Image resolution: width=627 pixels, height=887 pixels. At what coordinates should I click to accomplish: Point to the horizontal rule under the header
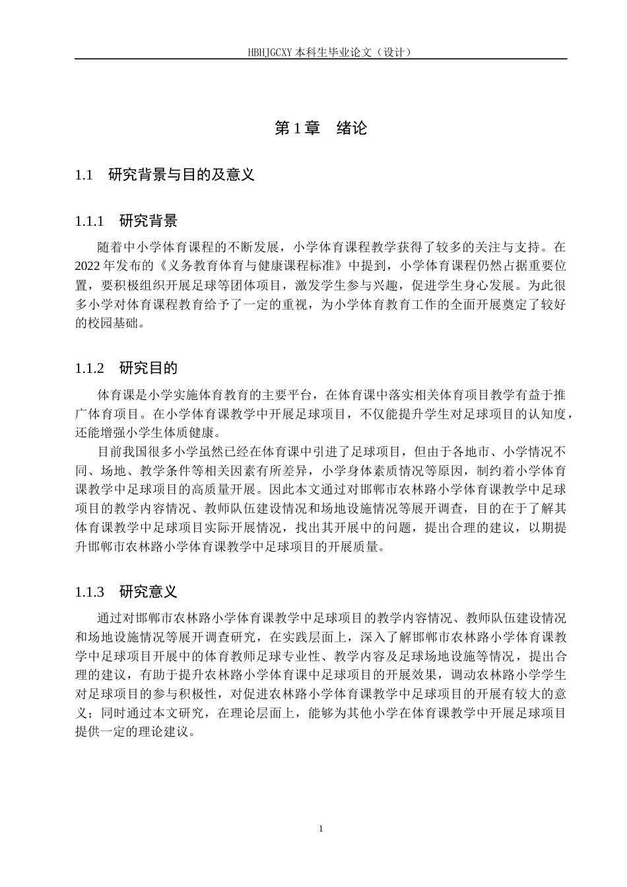click(321, 59)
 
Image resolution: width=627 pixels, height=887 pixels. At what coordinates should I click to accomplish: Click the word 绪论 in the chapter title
click(352, 128)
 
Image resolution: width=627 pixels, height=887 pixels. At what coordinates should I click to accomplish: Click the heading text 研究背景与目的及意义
click(181, 175)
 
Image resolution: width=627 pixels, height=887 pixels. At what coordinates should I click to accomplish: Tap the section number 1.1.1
click(90, 220)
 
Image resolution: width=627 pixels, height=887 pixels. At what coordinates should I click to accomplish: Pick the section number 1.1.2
click(90, 368)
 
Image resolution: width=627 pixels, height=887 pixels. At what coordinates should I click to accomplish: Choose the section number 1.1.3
click(90, 591)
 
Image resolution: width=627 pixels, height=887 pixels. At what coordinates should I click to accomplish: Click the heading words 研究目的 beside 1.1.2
click(148, 368)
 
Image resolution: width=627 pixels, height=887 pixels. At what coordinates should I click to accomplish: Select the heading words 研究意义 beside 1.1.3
click(148, 591)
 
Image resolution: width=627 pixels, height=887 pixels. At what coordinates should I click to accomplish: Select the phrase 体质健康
click(191, 433)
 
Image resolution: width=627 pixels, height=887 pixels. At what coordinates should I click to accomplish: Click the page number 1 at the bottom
click(321, 829)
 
